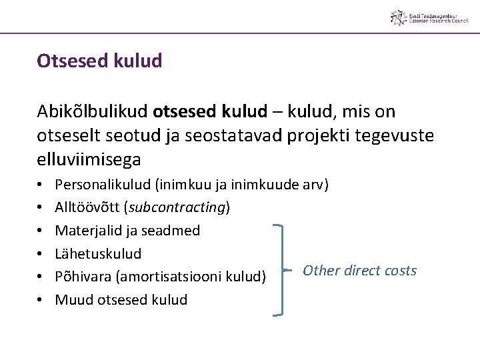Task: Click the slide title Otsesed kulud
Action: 99,61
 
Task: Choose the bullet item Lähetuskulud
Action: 98,253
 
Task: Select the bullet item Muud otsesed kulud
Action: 121,299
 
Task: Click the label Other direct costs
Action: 359,270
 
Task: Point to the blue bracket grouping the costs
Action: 282,269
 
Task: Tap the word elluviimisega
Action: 89,160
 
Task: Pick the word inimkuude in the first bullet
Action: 273,184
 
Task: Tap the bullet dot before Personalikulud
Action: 41,185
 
